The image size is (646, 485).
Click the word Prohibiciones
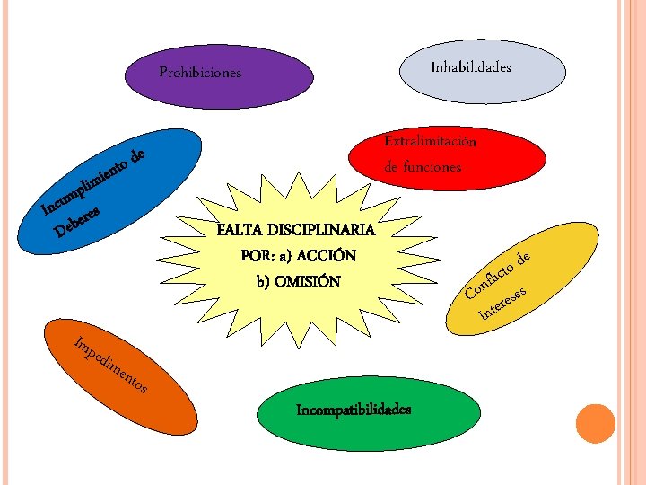[200, 72]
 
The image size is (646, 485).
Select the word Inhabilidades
[471, 67]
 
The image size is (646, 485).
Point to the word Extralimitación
[430, 141]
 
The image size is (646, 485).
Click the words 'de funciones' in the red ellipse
[423, 166]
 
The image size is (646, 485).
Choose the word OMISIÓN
[308, 281]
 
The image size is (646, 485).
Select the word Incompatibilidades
[354, 410]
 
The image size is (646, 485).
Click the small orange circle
[594, 424]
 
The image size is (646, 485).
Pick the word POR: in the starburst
[259, 255]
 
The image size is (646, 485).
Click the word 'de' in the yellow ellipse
[528, 258]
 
